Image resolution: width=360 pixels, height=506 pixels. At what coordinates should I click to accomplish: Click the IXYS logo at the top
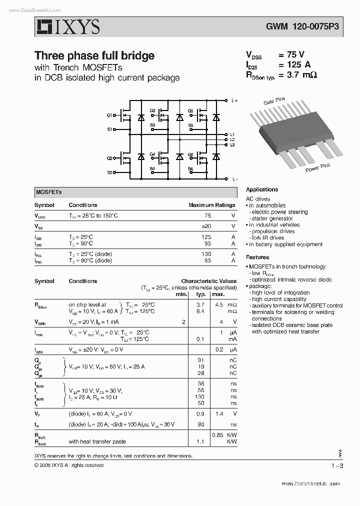(67, 27)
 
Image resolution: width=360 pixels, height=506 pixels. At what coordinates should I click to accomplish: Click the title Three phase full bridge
(94, 55)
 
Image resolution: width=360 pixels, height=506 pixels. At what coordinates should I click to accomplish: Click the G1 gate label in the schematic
(109, 115)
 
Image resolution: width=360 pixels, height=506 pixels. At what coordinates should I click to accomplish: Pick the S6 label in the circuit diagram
(190, 169)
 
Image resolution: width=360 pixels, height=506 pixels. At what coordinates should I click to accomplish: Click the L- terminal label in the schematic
(234, 178)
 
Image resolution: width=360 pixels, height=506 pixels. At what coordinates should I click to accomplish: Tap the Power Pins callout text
(318, 167)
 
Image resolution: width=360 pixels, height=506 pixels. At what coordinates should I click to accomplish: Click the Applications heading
(261, 189)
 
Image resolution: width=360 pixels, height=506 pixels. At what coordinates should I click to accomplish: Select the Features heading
(257, 257)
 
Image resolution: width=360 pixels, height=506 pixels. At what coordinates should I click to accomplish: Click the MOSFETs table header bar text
(48, 192)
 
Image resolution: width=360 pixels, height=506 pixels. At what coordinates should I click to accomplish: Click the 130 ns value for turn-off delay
(200, 396)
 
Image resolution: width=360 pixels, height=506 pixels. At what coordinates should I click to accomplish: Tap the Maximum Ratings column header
(211, 205)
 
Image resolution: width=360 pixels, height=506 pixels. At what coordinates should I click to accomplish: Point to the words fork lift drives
(267, 238)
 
